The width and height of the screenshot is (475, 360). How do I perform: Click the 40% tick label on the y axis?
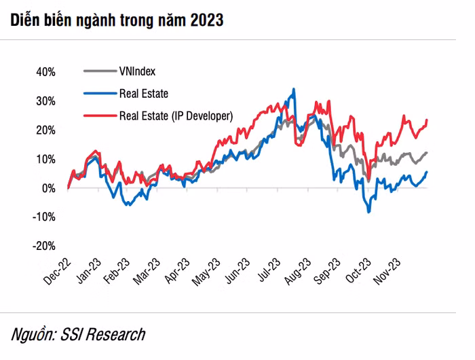45,72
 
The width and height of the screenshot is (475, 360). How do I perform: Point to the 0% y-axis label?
49,189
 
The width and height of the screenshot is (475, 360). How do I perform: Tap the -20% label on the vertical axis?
44,246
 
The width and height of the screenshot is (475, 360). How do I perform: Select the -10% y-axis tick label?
44,217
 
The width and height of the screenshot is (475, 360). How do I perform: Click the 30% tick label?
45,101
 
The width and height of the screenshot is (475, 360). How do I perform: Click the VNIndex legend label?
137,71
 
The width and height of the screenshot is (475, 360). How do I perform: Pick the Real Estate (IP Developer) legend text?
176,116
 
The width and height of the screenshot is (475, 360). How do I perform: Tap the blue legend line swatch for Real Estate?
100,94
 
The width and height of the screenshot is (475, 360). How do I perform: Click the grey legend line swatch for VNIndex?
100,71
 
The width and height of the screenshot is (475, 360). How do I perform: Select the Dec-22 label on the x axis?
57,272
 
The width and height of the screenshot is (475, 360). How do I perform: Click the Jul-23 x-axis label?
269,270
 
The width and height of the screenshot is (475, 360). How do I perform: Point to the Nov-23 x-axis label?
387,272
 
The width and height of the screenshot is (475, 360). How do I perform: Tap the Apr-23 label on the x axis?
177,271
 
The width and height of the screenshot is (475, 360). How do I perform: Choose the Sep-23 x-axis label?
327,272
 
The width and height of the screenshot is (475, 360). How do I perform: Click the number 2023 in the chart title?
207,20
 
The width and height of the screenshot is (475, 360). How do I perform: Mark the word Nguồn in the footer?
34,334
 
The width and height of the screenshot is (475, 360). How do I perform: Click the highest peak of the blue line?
294,89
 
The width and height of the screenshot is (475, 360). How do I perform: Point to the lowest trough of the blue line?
368,212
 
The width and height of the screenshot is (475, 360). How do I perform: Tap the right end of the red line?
427,120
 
